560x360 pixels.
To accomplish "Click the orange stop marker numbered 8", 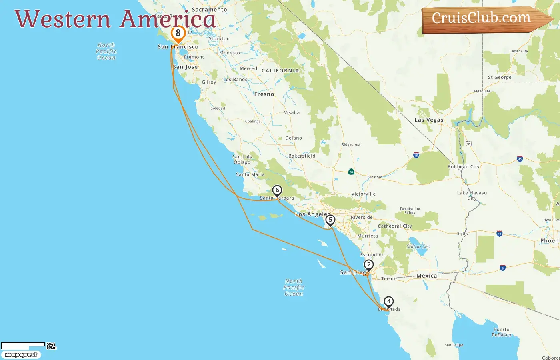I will coord(178,34).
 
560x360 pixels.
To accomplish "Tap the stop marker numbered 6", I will coord(277,190).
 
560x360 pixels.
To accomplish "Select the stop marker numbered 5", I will coord(330,220).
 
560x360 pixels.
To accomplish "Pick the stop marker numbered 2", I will coord(368,265).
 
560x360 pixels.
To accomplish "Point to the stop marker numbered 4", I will coord(388,301).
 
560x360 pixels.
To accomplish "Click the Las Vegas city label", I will coord(429,120).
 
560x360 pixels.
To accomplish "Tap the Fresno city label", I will coord(264,94).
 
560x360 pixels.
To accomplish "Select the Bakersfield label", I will coord(302,156).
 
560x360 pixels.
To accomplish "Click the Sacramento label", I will coord(209,10).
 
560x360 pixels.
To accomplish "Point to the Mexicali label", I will coord(428,276).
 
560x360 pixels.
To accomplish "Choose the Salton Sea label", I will coord(418,246).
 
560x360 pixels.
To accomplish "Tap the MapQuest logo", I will coord(21,355).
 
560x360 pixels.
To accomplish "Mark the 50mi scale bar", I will coord(23,344).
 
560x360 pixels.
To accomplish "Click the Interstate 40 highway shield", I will coord(520,159).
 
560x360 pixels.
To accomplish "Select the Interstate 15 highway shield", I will coord(416,155).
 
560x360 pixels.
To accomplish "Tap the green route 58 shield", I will coord(351,172).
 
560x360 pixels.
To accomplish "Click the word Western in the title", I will coord(63,19).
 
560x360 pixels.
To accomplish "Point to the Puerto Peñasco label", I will coord(502,332).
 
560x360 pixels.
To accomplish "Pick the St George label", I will coord(500,78).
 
